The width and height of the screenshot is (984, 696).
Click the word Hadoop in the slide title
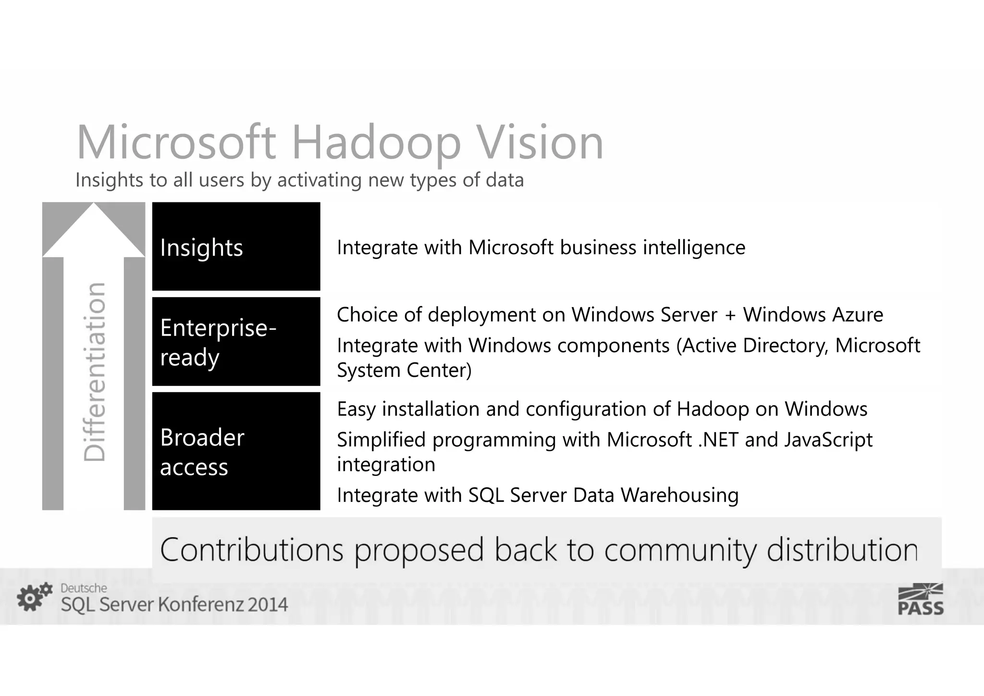(376, 143)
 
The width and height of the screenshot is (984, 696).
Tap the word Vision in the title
(533, 143)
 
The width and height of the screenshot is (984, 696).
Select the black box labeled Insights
(236, 247)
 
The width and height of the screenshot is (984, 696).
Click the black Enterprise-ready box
(236, 342)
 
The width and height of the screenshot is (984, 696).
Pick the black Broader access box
(236, 451)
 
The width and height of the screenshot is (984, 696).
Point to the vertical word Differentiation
(94, 372)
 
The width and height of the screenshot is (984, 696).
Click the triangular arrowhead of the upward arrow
(94, 230)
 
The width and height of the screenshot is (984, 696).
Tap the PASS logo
(921, 599)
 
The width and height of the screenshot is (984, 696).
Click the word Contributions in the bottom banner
(252, 550)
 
